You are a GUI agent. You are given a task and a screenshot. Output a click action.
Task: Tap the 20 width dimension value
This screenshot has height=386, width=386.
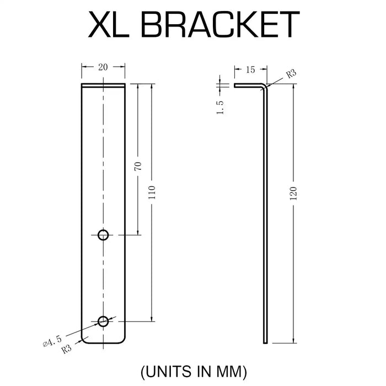click(103, 67)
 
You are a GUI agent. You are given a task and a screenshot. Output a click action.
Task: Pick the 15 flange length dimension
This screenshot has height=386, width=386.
click(250, 69)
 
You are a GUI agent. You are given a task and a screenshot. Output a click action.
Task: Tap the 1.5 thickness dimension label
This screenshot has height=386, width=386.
click(220, 107)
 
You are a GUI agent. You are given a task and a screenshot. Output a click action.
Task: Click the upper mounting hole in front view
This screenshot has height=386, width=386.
click(103, 235)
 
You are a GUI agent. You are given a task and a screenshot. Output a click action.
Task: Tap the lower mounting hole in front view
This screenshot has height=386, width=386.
click(103, 321)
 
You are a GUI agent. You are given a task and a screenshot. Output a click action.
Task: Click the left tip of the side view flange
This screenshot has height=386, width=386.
click(235, 85)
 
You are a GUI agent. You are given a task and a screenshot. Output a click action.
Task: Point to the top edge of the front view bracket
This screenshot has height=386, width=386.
click(103, 85)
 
